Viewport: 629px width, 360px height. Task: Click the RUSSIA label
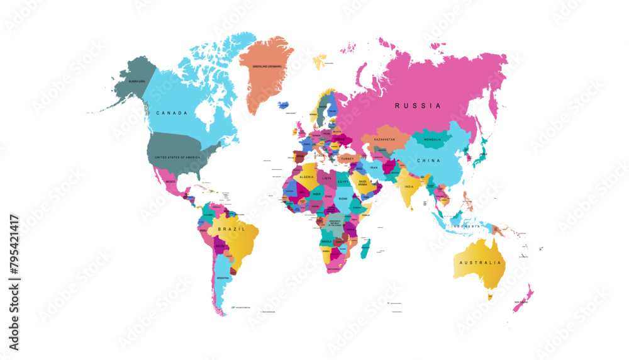[x=418, y=106]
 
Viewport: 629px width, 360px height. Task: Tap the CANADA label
[x=172, y=113]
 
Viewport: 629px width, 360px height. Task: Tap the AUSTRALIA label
[x=481, y=262]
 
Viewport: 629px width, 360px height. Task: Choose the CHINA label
[x=429, y=160]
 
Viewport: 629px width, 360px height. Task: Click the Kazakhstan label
[x=384, y=139]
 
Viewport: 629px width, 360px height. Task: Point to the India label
[x=409, y=186]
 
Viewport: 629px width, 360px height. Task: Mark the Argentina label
[x=223, y=278]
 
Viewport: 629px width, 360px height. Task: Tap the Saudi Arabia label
[x=362, y=183]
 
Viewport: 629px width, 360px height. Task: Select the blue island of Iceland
[x=284, y=104]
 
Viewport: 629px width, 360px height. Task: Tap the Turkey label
[x=347, y=159]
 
